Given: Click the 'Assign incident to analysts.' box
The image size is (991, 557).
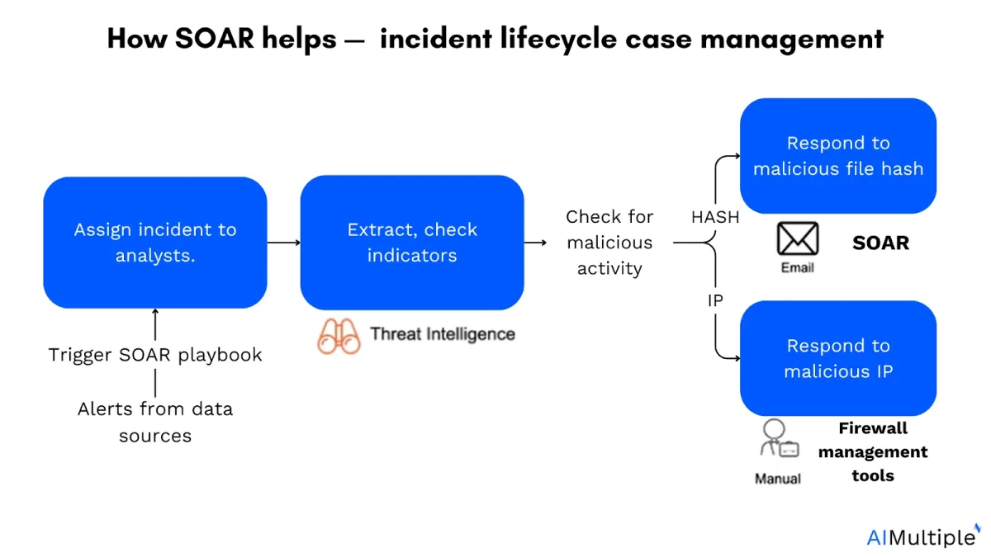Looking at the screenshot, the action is pos(155,243).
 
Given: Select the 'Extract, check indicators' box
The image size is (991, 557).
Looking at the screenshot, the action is pos(412,243).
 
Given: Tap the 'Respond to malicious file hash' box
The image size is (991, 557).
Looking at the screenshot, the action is pos(838,156).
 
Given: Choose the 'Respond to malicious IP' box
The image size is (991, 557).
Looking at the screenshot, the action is pos(838,358).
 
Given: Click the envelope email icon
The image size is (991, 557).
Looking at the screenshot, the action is pos(798,238).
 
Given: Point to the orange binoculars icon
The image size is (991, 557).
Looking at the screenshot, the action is pos(339,337).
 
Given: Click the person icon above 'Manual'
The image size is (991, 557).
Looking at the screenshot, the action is pos(779,438).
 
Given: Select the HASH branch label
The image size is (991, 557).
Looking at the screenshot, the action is pos(715,217).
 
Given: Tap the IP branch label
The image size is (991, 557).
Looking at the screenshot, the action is pos(715,300).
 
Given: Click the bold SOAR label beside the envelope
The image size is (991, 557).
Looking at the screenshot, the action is pos(880,243).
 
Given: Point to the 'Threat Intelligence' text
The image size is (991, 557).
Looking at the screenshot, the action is pos(443,334).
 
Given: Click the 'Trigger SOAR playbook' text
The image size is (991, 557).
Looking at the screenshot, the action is pos(155,355).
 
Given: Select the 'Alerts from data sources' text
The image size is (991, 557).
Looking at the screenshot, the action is pos(155,422).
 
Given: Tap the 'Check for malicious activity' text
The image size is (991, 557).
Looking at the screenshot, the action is pos(609,243).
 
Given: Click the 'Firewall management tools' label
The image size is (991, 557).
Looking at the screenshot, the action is pos(873,452).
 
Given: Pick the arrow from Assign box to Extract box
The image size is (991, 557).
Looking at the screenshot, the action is pos(283,243).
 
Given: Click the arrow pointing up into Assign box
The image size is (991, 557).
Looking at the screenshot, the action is pos(155,324).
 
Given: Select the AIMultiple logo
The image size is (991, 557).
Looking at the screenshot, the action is pos(923,536).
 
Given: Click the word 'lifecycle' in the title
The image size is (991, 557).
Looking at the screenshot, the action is pos(558,39).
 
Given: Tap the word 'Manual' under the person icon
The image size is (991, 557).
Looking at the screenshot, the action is pos(778,479).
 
